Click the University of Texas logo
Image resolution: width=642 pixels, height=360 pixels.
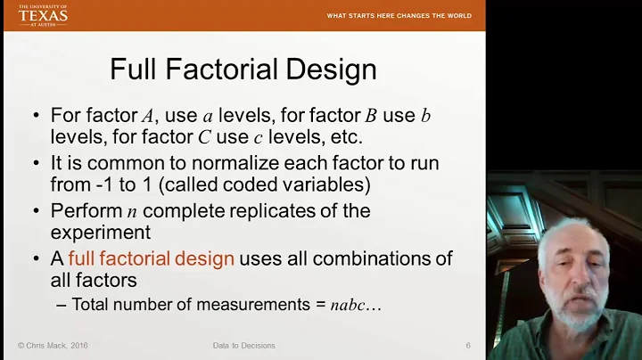tap(42, 15)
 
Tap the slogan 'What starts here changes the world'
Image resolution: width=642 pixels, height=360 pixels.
tap(399, 16)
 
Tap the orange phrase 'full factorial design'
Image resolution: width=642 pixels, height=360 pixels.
tap(151, 259)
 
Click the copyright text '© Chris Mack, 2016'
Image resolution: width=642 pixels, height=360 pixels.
tap(52, 345)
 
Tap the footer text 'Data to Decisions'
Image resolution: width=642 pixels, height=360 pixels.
tap(243, 345)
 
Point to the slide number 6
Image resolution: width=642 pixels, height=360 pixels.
tap(468, 345)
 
